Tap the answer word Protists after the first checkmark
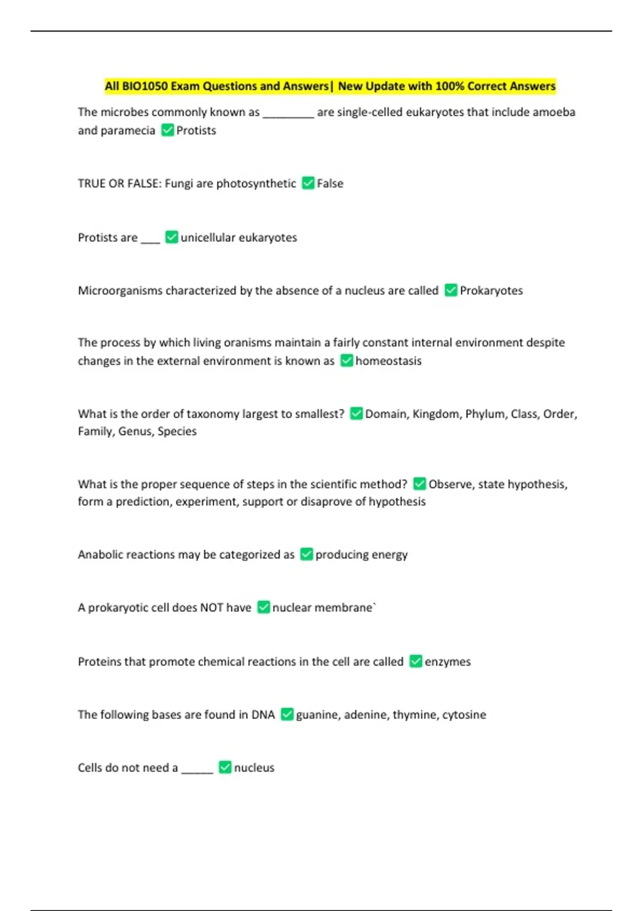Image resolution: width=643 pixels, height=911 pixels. tap(196, 130)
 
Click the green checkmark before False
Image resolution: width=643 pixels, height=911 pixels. tap(308, 183)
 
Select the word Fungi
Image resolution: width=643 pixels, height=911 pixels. tap(178, 184)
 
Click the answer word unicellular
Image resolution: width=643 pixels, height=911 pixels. tap(208, 237)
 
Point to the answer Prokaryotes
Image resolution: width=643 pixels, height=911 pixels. tap(491, 290)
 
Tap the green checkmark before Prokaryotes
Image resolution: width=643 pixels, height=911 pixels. tap(451, 290)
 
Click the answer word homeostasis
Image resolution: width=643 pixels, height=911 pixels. tap(388, 361)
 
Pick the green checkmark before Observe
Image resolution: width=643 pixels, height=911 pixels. tap(420, 484)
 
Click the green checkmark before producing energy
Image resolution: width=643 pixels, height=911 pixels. tap(306, 554)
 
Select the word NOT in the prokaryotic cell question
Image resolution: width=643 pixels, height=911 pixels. tap(211, 607)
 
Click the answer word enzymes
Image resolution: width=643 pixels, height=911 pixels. tap(447, 661)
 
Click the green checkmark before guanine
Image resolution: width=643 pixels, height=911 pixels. tap(287, 714)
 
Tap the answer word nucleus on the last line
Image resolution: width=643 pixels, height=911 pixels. tap(254, 767)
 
